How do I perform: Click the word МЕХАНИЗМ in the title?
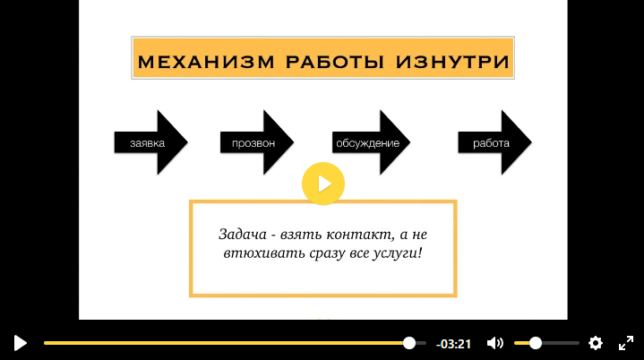pos(206,62)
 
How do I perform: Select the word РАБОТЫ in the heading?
pos(335,62)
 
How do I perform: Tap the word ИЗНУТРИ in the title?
pos(452,62)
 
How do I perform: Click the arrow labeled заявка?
pos(150,142)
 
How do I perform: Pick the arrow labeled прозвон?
pos(257,142)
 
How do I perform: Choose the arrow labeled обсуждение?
pos(371,142)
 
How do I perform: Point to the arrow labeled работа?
pos(495,142)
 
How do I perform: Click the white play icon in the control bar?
pos(20,343)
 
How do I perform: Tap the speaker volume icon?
pos(495,343)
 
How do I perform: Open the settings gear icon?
pos(596,343)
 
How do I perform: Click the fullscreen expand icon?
pos(626,343)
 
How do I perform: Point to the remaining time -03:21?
pos(453,344)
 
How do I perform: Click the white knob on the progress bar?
pos(409,343)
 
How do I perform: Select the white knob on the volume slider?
pos(535,343)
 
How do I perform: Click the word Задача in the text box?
pos(243,235)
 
